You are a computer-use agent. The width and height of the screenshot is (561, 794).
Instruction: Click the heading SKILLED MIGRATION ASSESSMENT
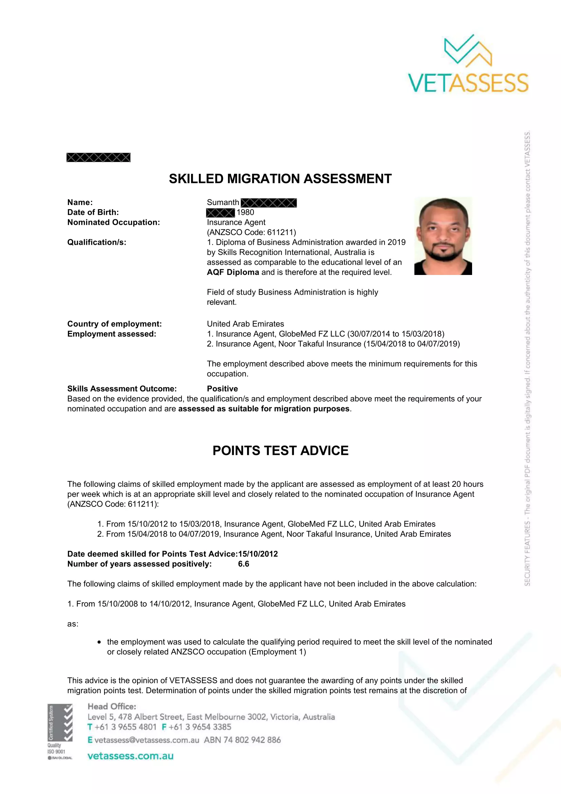[x=280, y=179]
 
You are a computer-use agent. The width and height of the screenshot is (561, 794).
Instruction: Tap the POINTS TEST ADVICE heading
[x=280, y=450]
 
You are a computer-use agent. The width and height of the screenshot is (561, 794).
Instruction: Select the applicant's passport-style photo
[x=443, y=236]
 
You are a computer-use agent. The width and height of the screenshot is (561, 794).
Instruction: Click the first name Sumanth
[x=223, y=202]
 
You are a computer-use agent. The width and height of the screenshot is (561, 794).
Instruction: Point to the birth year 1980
[x=245, y=212]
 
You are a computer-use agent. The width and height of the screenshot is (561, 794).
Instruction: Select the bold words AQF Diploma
[x=232, y=272]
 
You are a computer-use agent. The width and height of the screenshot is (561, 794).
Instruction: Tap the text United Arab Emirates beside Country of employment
[x=245, y=324]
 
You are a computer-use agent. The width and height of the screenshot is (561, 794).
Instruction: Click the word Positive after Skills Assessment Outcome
[x=222, y=389]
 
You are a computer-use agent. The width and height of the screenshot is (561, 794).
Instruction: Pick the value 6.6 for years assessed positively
[x=243, y=564]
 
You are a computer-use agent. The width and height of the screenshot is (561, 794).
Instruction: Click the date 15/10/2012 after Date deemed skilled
[x=258, y=554]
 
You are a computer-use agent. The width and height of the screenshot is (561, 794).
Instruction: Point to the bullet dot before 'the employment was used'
[x=99, y=642]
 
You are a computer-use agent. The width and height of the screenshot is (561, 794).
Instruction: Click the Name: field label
[x=80, y=202]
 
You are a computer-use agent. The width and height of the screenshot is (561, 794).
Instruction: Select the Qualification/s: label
[x=97, y=242]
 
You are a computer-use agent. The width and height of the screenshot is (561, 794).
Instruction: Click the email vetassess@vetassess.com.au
[x=147, y=740]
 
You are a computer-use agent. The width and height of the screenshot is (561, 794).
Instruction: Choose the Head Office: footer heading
[x=112, y=706]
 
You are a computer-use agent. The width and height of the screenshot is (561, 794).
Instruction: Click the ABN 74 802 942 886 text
[x=242, y=740]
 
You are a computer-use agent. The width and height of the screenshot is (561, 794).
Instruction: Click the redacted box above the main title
[x=98, y=158]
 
